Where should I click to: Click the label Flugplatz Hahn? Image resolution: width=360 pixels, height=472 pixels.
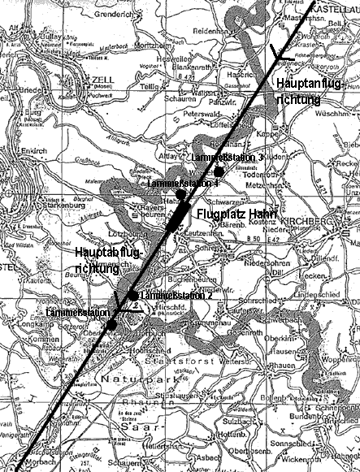tap(237, 215)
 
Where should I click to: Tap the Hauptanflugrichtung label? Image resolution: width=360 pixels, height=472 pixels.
tap(303, 90)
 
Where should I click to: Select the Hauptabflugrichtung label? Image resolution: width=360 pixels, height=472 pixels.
tap(108, 262)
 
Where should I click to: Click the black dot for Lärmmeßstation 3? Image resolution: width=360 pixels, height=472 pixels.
tap(219, 171)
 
